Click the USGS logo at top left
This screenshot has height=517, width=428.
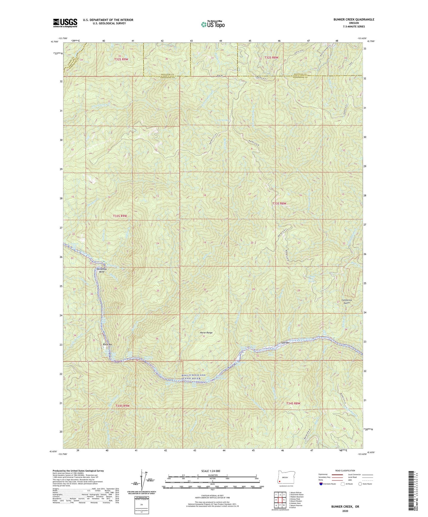[x=65, y=23]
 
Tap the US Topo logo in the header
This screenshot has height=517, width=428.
[x=213, y=25]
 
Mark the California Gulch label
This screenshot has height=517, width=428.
[x=347, y=301]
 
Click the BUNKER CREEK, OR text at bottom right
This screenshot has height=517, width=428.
[x=345, y=507]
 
